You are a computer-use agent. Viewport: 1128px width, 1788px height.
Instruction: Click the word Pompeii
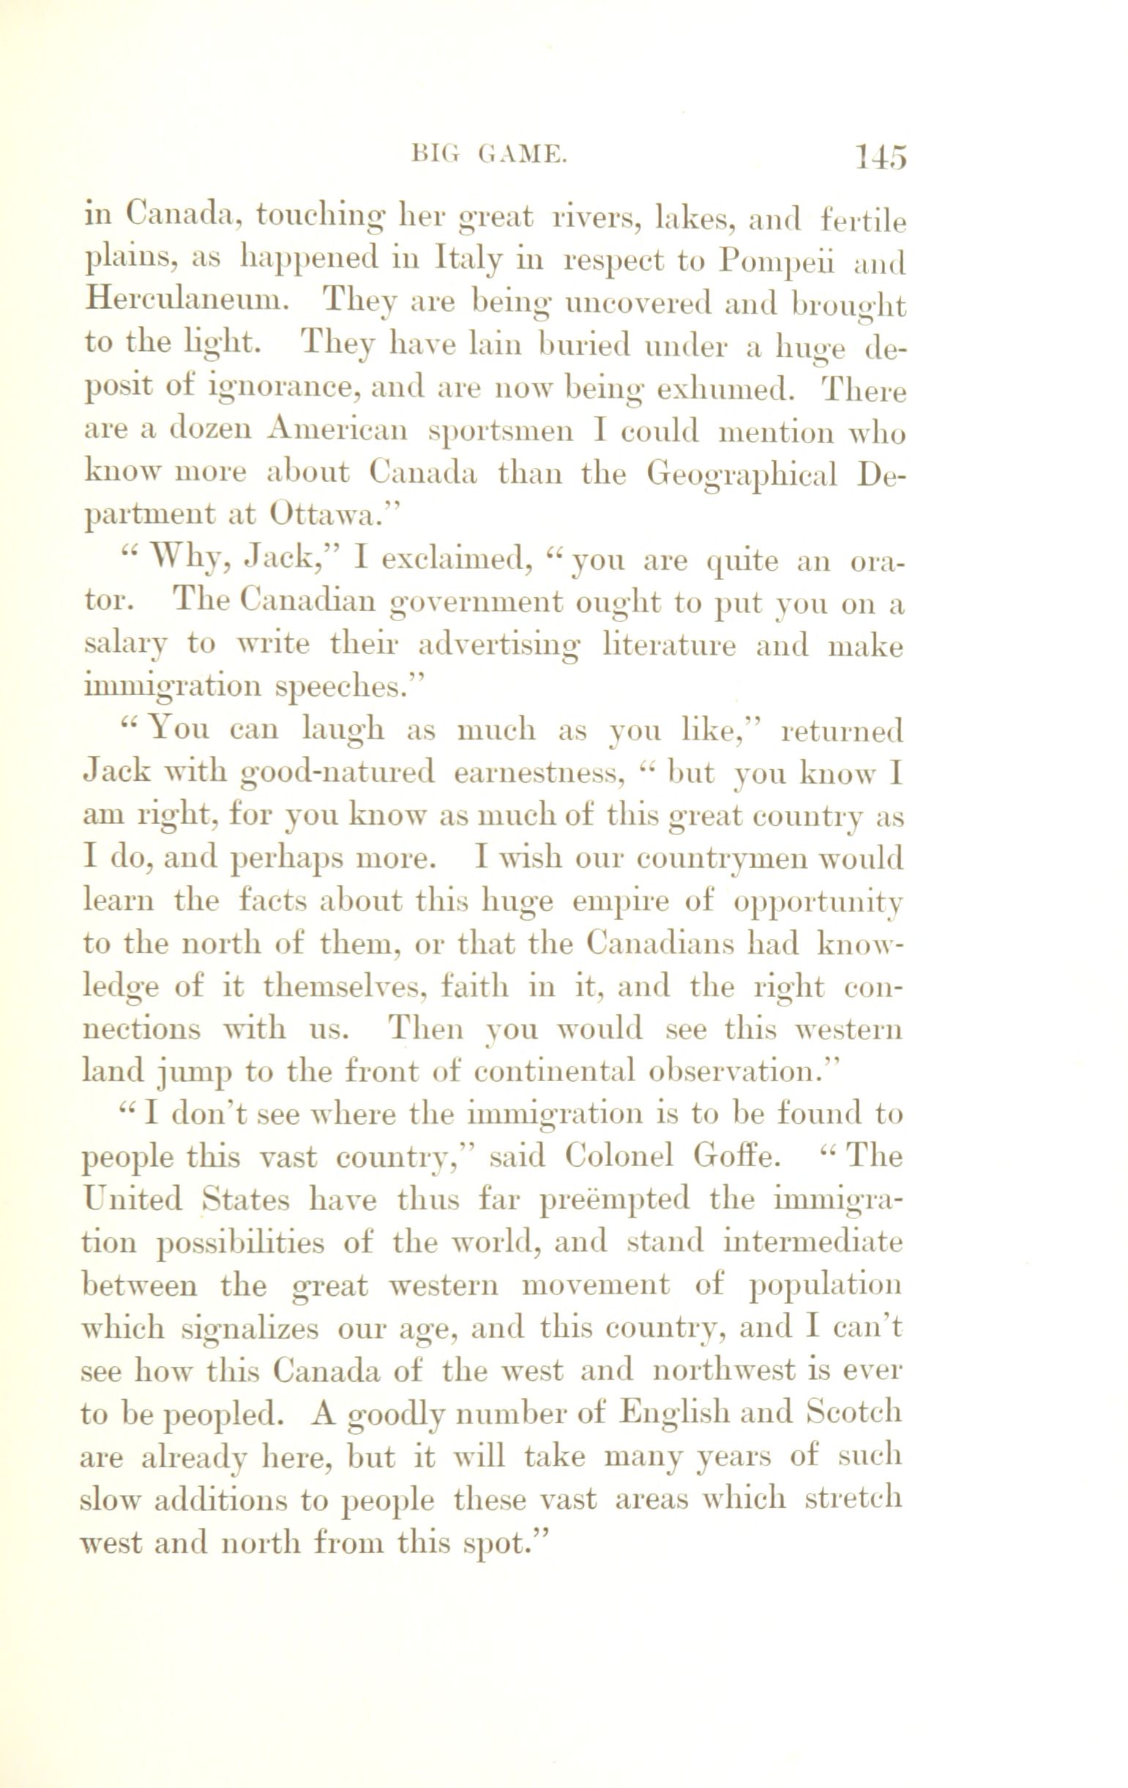pyautogui.click(x=777, y=262)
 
